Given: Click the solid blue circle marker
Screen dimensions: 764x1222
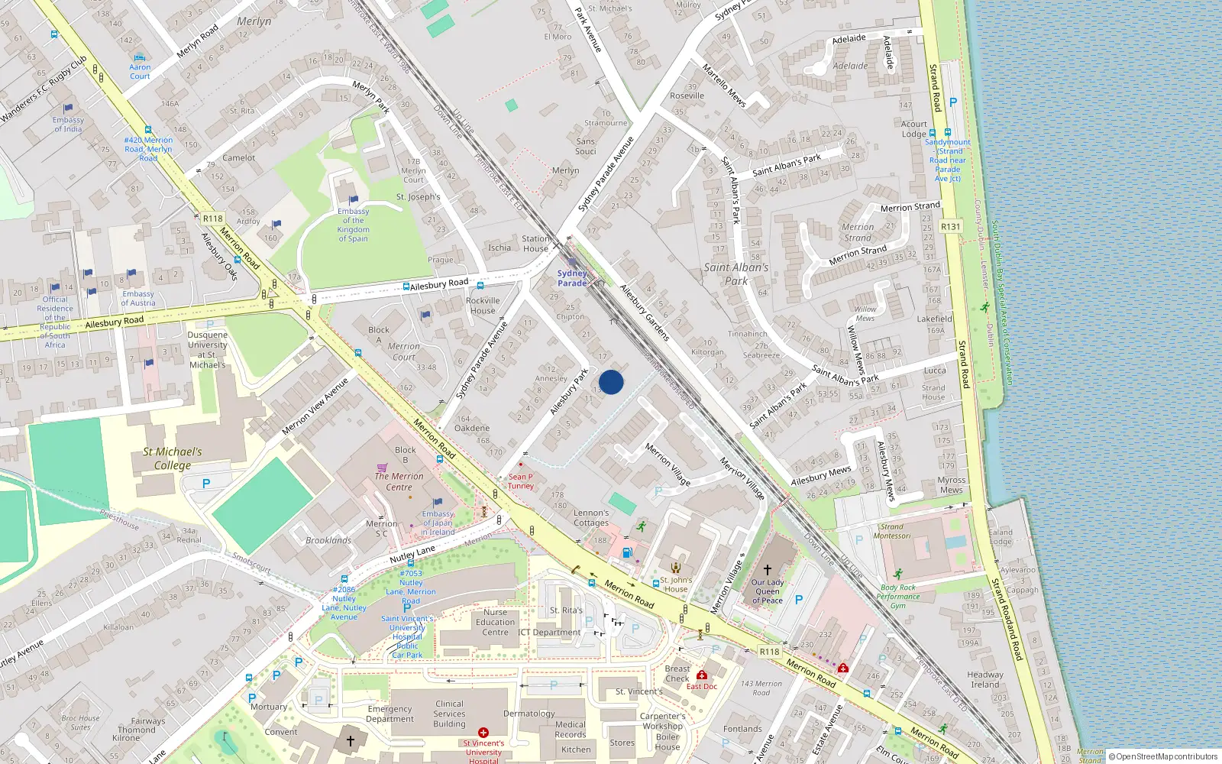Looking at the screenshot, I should (611, 382).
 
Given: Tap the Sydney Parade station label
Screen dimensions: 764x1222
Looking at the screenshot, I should (572, 278).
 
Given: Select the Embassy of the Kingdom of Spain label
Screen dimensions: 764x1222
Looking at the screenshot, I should (353, 225).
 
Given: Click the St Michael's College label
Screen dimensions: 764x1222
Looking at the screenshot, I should (173, 458).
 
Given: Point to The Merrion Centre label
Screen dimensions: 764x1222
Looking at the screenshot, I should (399, 481).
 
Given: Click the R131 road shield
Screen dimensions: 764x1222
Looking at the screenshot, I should (950, 227).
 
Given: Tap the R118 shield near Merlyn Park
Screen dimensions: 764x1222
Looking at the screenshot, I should (212, 219).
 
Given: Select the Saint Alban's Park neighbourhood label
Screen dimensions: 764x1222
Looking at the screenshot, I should (736, 274).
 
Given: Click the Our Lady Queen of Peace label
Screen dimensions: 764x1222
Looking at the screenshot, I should (768, 591).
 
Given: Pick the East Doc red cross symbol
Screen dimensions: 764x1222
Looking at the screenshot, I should (702, 675).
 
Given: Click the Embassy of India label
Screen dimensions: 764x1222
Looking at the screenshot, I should (68, 125).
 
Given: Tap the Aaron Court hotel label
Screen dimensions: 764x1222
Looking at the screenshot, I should (140, 72).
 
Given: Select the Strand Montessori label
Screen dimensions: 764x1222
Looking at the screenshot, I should (892, 531).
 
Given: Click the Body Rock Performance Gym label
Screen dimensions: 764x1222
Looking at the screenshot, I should (898, 597).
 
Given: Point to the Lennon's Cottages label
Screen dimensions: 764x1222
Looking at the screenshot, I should (591, 518).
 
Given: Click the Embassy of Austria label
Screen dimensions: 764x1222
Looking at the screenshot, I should (138, 298).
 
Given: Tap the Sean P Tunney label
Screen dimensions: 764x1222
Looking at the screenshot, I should (521, 481).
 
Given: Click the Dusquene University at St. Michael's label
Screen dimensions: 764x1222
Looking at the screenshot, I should (207, 350).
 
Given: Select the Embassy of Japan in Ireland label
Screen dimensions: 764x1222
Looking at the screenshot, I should (438, 523).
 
